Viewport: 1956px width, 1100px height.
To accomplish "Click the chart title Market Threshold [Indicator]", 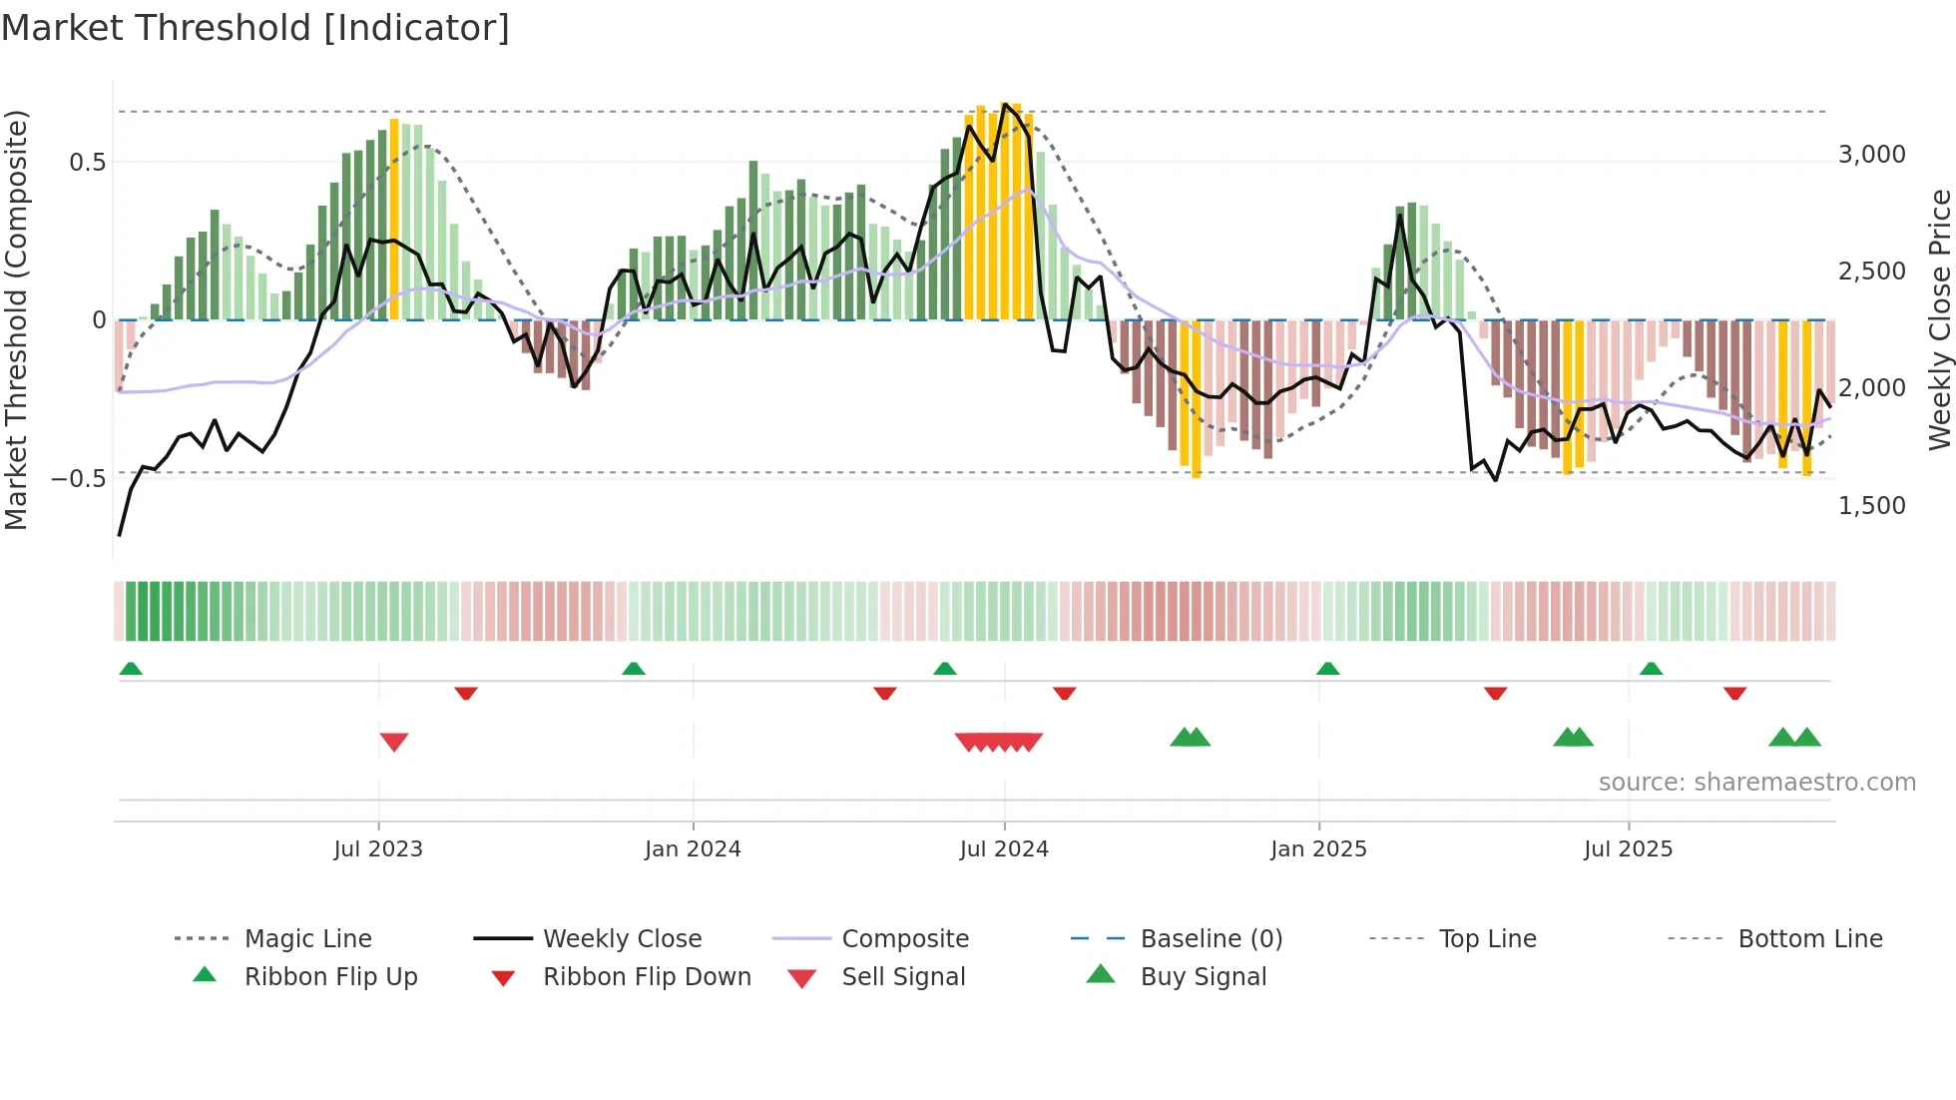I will tap(255, 28).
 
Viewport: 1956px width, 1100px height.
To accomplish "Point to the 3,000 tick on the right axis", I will tap(1871, 155).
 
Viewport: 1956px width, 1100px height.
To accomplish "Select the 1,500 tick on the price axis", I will tap(1871, 506).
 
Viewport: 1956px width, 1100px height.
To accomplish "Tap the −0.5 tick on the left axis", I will tap(78, 479).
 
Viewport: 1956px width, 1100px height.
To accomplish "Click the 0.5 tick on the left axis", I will tap(87, 163).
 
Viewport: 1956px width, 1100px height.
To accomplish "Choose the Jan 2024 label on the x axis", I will tap(693, 849).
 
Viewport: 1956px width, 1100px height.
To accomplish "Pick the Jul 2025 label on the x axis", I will tap(1628, 849).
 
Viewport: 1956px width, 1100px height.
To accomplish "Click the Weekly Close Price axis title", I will tap(1939, 319).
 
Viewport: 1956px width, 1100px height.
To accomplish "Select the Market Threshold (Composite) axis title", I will tap(16, 319).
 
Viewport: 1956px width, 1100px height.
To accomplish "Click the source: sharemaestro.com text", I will tap(1756, 783).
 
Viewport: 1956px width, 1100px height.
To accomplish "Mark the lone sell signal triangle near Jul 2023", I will tap(394, 742).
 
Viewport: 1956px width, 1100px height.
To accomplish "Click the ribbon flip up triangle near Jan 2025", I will tap(1327, 669).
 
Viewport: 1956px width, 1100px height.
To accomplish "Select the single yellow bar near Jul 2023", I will tap(394, 220).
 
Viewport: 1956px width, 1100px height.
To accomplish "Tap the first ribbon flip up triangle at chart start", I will tap(131, 669).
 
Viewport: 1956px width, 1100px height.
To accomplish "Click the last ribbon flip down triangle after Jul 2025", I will tap(1734, 693).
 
